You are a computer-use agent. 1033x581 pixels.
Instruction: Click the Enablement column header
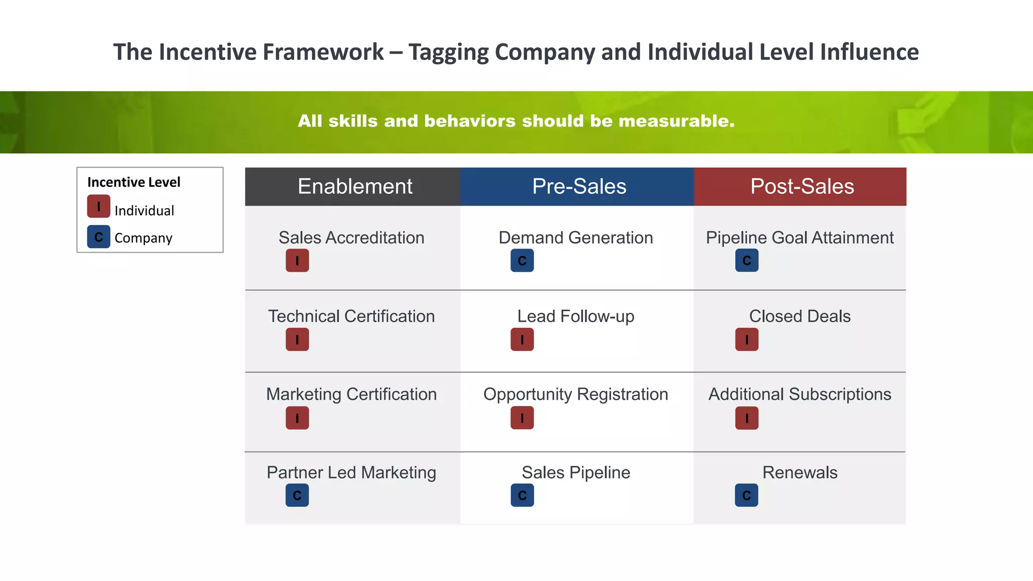(x=355, y=187)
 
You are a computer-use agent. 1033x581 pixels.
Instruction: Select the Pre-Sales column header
(x=579, y=187)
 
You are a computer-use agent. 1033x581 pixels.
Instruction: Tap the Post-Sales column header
(x=802, y=187)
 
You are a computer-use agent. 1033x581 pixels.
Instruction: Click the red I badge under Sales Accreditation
(x=297, y=261)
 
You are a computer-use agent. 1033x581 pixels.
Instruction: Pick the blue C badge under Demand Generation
(x=522, y=261)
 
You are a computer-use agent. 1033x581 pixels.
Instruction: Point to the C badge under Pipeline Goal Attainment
(x=747, y=261)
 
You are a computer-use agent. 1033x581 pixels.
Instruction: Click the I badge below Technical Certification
(x=297, y=339)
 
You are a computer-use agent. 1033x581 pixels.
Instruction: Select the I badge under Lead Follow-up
(x=522, y=339)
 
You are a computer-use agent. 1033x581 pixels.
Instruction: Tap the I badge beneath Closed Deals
(x=747, y=339)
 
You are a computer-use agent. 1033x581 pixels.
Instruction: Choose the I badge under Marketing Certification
(x=297, y=418)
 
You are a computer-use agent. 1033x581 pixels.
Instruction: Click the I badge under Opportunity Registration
(x=522, y=418)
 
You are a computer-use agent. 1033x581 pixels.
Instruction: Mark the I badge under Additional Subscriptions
(x=747, y=418)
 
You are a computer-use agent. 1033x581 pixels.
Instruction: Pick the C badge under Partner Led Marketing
(x=297, y=496)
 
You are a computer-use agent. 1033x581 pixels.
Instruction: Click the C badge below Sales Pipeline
(x=522, y=496)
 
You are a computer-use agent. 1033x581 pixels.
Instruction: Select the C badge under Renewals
(x=747, y=496)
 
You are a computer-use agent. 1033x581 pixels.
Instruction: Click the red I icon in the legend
(x=98, y=206)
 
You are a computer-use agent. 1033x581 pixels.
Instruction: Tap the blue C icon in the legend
(x=98, y=237)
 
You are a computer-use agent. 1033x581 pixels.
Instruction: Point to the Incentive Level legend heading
(x=134, y=182)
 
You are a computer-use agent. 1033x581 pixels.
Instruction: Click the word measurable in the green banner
(x=676, y=121)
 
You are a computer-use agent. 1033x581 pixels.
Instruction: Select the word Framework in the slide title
(x=323, y=52)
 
